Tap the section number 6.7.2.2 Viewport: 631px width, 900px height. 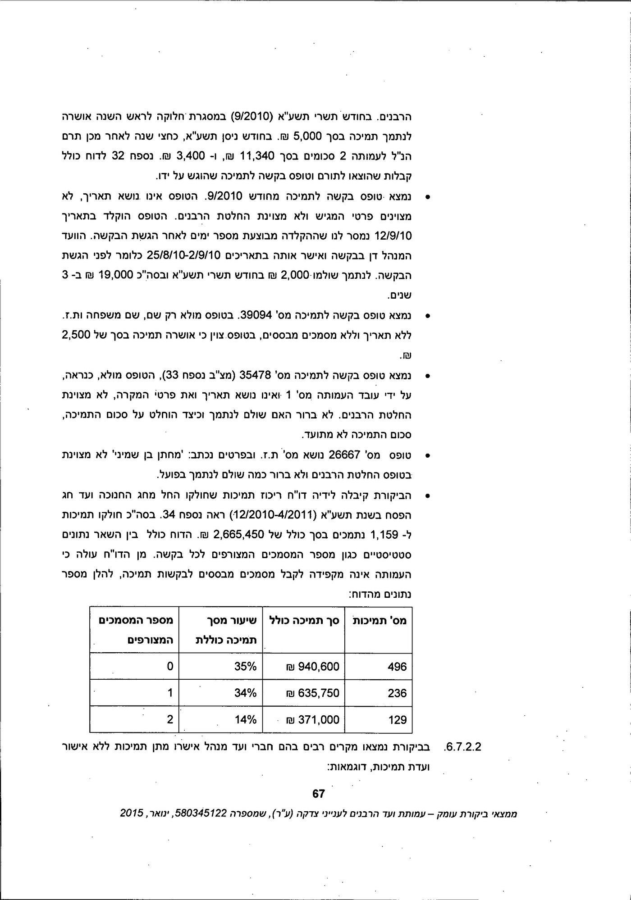click(463, 746)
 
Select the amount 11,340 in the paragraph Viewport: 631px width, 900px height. click(258, 156)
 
